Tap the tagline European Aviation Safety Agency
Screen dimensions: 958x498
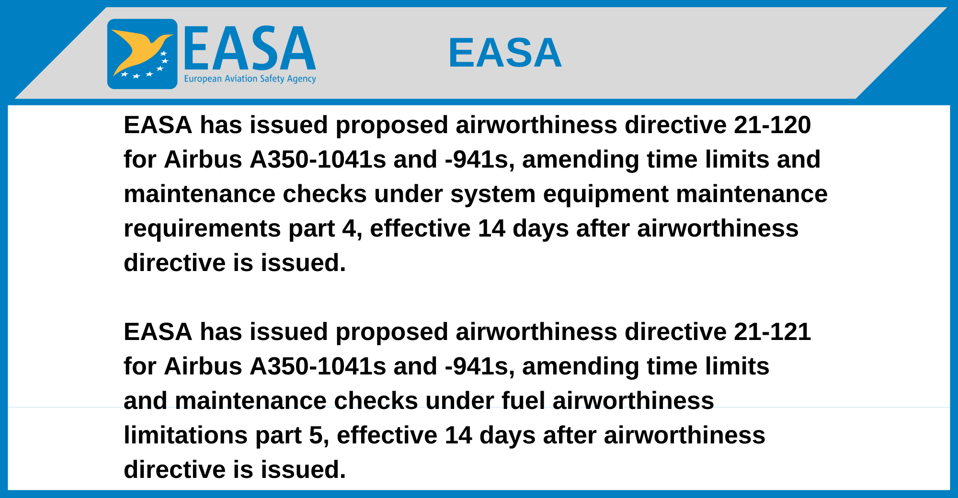(x=250, y=79)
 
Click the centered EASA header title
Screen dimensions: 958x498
(x=505, y=53)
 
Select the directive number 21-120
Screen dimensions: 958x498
(x=772, y=125)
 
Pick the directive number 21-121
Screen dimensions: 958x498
(x=772, y=332)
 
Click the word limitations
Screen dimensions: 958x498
(x=186, y=435)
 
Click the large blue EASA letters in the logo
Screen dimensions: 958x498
(x=250, y=48)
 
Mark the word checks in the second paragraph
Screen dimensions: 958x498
(x=376, y=401)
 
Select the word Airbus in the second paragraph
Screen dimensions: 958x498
(x=203, y=366)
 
